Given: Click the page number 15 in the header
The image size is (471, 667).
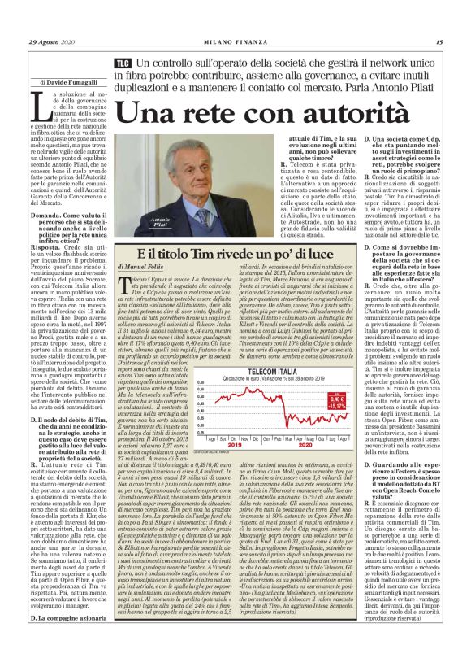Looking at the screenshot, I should coord(439,42).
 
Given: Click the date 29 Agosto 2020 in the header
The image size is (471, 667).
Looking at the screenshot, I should coord(51,42).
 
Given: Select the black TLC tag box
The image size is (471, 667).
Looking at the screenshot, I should coord(123,63).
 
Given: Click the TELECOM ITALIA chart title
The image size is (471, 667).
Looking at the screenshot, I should coord(272,369).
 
